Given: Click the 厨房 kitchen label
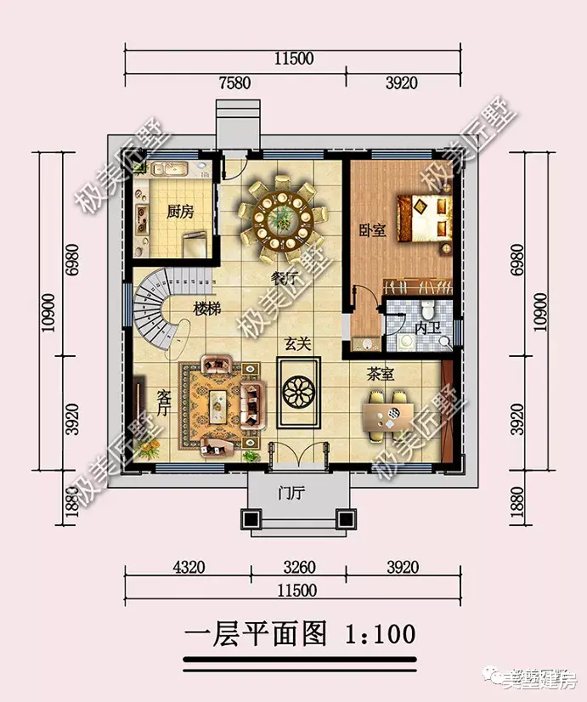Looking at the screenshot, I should pyautogui.click(x=179, y=212).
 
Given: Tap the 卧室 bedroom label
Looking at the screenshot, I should pyautogui.click(x=372, y=229).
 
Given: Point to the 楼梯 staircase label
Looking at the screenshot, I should pyautogui.click(x=206, y=309).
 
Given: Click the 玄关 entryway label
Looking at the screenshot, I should pyautogui.click(x=296, y=344).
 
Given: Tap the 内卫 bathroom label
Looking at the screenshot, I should pyautogui.click(x=425, y=327).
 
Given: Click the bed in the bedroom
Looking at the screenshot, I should pyautogui.click(x=422, y=218).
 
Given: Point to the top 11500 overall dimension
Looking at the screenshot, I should pyautogui.click(x=294, y=59).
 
